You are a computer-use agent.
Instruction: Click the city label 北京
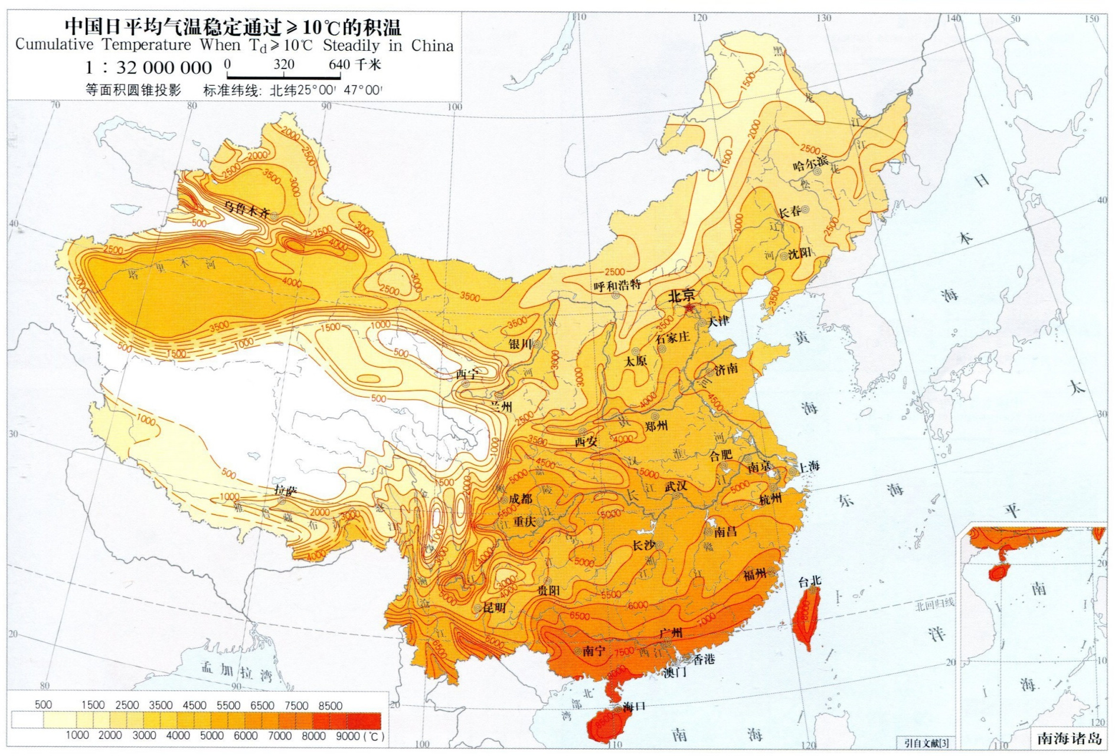click(x=681, y=296)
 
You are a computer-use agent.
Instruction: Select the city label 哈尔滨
click(x=810, y=163)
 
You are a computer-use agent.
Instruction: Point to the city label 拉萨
click(x=286, y=490)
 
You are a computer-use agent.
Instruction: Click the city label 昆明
click(x=495, y=607)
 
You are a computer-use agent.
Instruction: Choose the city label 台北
click(x=809, y=582)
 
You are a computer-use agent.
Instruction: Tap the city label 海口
click(x=634, y=706)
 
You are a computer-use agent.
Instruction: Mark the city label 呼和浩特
click(x=617, y=286)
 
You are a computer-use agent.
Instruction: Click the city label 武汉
click(x=676, y=486)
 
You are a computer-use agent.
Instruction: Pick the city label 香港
click(x=704, y=659)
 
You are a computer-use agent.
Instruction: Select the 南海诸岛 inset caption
click(x=1069, y=739)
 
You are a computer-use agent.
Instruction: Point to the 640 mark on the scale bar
click(x=339, y=64)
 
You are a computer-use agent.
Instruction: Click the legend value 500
click(x=43, y=705)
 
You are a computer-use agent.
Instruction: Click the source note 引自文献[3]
click(x=926, y=743)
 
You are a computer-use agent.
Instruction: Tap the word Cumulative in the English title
click(x=54, y=45)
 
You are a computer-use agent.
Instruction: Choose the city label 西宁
click(x=467, y=374)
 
